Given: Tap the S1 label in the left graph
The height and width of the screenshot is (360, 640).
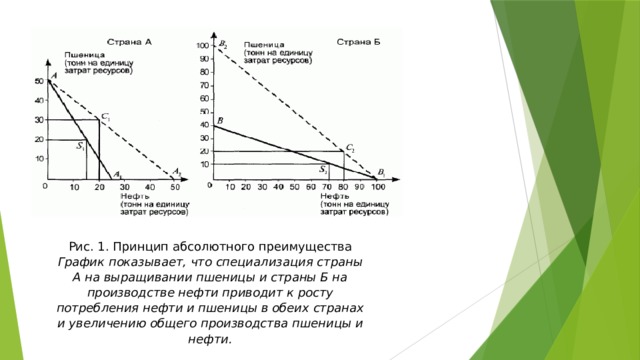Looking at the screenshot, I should (x=80, y=146).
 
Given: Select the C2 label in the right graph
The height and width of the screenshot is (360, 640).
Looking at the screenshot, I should (x=351, y=148).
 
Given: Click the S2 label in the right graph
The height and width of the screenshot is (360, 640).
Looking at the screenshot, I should (x=323, y=169).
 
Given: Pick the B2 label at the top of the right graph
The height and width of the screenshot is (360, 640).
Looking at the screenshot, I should (x=223, y=44).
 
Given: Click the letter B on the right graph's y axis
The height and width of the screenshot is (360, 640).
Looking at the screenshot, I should (x=219, y=120).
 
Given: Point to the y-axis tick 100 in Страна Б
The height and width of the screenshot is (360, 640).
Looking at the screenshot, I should (x=203, y=46).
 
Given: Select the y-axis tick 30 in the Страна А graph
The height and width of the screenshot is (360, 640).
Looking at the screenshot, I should (x=39, y=119).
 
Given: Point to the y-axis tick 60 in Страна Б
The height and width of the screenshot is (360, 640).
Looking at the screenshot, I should (x=204, y=98).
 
